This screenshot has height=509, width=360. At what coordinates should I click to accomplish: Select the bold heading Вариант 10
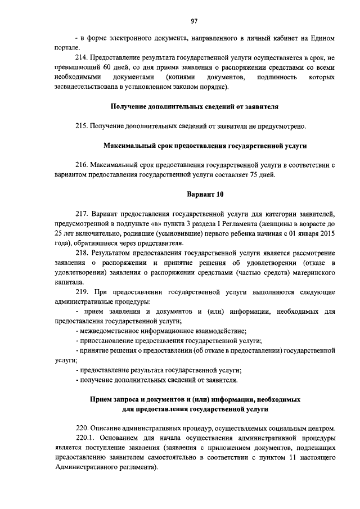(x=205, y=195)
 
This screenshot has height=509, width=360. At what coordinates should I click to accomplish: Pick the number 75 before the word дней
(x=253, y=174)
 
